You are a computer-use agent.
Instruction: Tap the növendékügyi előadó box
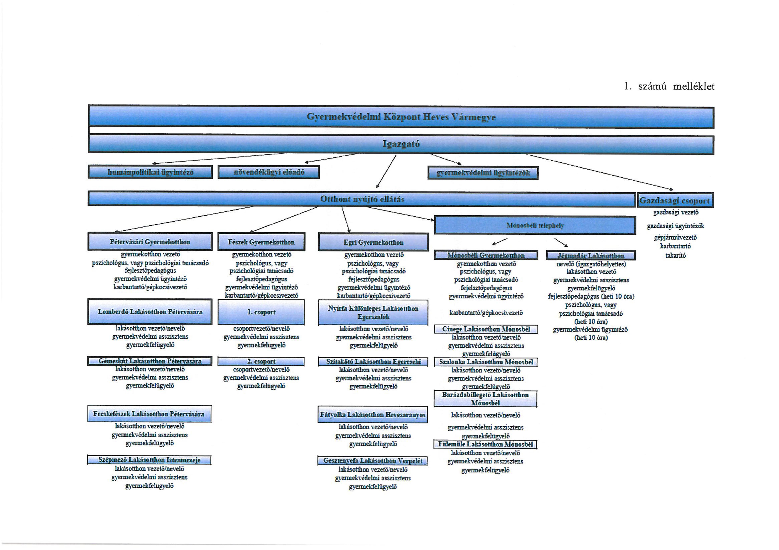(269, 172)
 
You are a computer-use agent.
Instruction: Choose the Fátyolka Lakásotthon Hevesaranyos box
(373, 414)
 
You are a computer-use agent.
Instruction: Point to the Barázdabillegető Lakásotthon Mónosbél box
(485, 399)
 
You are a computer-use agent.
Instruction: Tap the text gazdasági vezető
(676, 212)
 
